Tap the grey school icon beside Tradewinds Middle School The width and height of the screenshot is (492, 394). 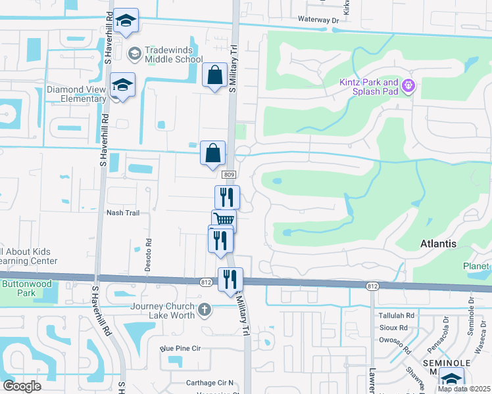point(134,53)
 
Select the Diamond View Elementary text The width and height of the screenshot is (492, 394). point(76,94)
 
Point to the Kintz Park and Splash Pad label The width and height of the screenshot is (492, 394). point(368,87)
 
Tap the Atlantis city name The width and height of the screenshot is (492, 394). point(438,244)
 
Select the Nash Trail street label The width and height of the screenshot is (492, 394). point(123,213)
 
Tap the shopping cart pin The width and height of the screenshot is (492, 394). point(224,221)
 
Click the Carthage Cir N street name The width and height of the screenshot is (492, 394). point(209,383)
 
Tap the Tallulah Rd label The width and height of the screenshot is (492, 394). point(395,315)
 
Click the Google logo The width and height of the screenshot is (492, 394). point(22,386)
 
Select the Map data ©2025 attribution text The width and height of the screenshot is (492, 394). point(463,389)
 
